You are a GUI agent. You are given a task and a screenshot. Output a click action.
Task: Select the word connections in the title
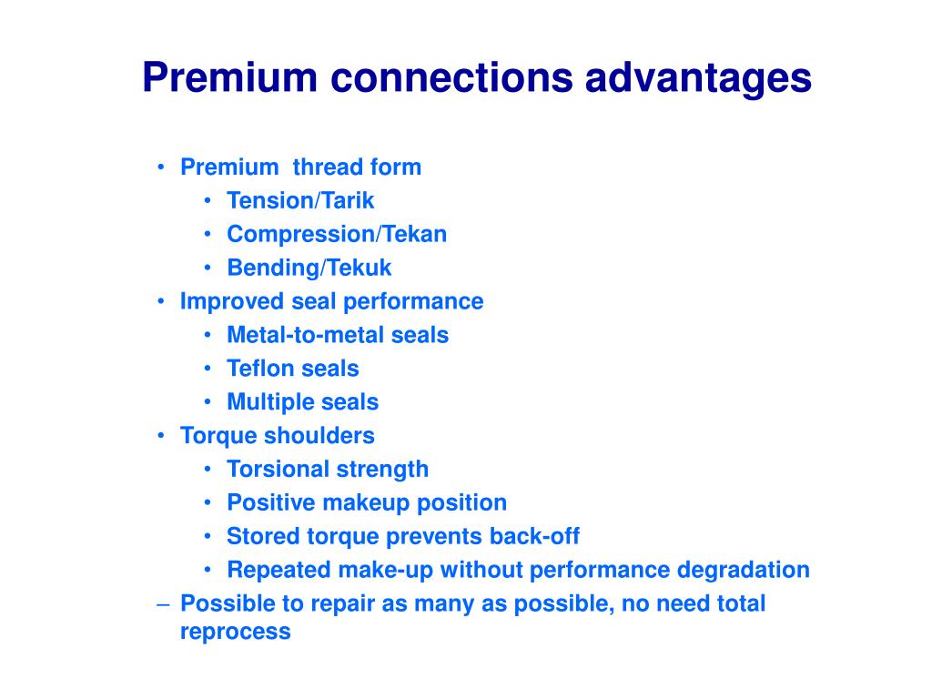451,79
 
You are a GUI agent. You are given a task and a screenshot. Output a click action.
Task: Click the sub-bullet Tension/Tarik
300,201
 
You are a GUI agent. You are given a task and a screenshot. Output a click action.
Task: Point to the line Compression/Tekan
337,235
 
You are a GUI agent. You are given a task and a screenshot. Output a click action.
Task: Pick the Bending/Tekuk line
309,268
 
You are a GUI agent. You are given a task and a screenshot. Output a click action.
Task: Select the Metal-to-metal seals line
338,335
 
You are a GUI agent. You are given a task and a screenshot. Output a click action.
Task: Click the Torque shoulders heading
278,436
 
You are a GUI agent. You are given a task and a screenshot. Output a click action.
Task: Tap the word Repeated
279,571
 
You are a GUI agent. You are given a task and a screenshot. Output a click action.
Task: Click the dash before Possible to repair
161,603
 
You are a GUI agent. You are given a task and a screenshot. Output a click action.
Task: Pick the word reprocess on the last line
236,633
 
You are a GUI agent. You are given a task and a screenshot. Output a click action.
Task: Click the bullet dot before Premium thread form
161,167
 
